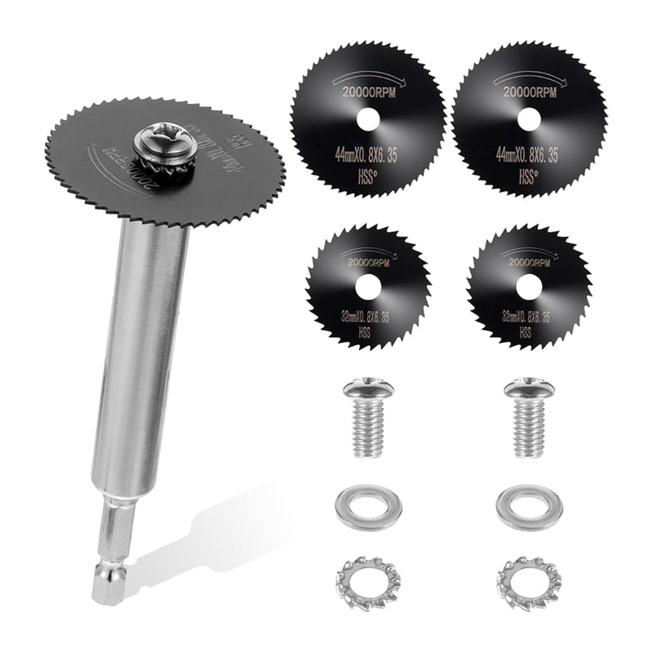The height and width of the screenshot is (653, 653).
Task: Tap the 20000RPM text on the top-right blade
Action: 528,93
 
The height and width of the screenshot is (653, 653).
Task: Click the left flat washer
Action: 368,507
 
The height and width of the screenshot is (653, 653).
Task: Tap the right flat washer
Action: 529,507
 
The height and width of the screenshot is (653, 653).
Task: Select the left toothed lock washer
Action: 367,581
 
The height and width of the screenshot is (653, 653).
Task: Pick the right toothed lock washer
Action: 529,581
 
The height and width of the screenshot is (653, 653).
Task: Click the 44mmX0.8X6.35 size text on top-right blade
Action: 528,156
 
